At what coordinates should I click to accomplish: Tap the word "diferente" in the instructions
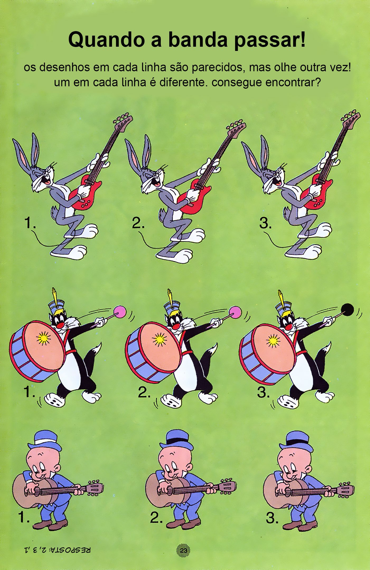click(181, 82)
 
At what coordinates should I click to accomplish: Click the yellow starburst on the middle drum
click(159, 339)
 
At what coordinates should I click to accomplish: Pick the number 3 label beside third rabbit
click(265, 223)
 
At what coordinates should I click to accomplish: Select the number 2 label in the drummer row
click(144, 393)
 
